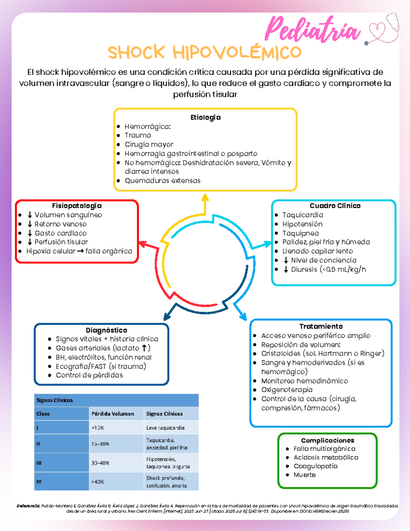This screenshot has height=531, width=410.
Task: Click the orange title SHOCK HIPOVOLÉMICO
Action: pos(205,52)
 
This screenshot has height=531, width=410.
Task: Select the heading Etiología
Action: pos(205,118)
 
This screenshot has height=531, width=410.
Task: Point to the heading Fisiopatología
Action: pos(77,206)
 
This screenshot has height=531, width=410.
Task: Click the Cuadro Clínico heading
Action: pos(335,206)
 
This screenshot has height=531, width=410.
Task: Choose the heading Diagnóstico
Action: pos(107,330)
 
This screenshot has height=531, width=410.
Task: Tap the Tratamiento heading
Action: pos(321,326)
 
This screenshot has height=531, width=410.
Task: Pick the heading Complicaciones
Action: pos(328,440)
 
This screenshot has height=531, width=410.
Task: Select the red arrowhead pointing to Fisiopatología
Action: pos(142,244)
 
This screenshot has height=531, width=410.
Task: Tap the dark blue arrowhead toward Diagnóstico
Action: pos(167,317)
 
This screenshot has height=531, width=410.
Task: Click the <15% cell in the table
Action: pos(98,428)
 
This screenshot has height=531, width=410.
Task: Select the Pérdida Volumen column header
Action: pos(113,414)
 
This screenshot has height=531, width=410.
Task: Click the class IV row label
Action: pos(39,482)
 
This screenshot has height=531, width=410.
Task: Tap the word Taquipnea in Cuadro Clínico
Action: pos(300,234)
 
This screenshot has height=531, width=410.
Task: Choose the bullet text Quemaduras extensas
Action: pos(163,181)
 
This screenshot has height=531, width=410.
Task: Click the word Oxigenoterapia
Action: pos(287,390)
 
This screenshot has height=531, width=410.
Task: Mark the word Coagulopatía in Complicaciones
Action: pos(315,466)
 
